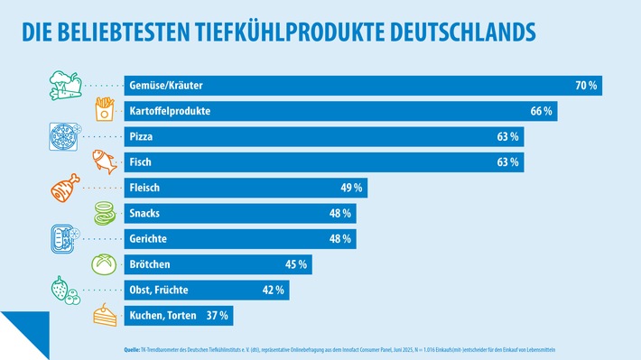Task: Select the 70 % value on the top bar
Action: pos(587,86)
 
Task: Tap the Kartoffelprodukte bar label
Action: pos(171,111)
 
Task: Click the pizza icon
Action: pos(61,138)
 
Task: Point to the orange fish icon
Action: pos(105,163)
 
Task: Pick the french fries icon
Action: pos(105,111)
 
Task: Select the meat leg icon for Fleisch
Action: pos(62,189)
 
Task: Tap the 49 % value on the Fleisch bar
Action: pos(352,189)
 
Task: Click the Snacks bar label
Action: pos(147,214)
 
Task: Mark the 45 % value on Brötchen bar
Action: pos(296,265)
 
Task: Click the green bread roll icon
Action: pos(105,265)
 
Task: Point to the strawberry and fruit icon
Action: pos(62,291)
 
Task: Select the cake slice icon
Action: pos(105,317)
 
